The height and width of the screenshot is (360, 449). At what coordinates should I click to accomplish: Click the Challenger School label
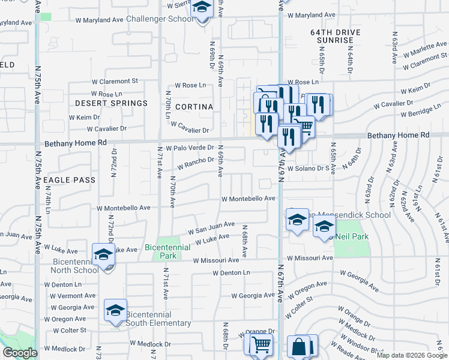point(160,19)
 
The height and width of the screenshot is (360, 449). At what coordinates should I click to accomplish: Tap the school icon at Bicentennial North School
point(103,255)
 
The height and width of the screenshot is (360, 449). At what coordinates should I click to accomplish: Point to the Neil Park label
point(354,236)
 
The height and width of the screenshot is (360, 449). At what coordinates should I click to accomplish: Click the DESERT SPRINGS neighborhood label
point(111,103)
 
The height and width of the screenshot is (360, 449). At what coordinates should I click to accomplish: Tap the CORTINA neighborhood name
point(194,107)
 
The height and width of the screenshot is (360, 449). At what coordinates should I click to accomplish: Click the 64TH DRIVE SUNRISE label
point(332,35)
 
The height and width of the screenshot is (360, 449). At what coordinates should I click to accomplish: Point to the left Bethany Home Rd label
point(76,143)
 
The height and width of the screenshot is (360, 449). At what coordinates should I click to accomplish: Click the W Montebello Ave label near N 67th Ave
point(248,198)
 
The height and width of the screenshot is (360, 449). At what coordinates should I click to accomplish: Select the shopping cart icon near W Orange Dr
point(261,344)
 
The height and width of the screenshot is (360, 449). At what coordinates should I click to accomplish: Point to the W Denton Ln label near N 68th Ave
point(231,272)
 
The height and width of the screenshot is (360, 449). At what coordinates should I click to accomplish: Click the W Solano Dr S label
point(311,169)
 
